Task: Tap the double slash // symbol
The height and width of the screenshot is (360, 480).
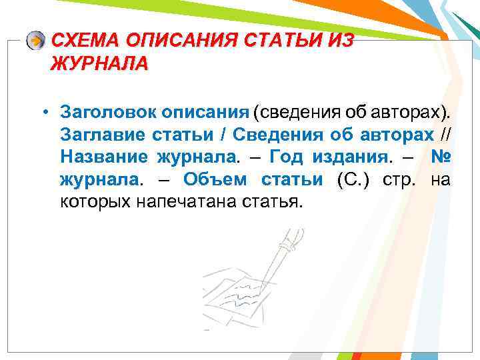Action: (444, 134)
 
